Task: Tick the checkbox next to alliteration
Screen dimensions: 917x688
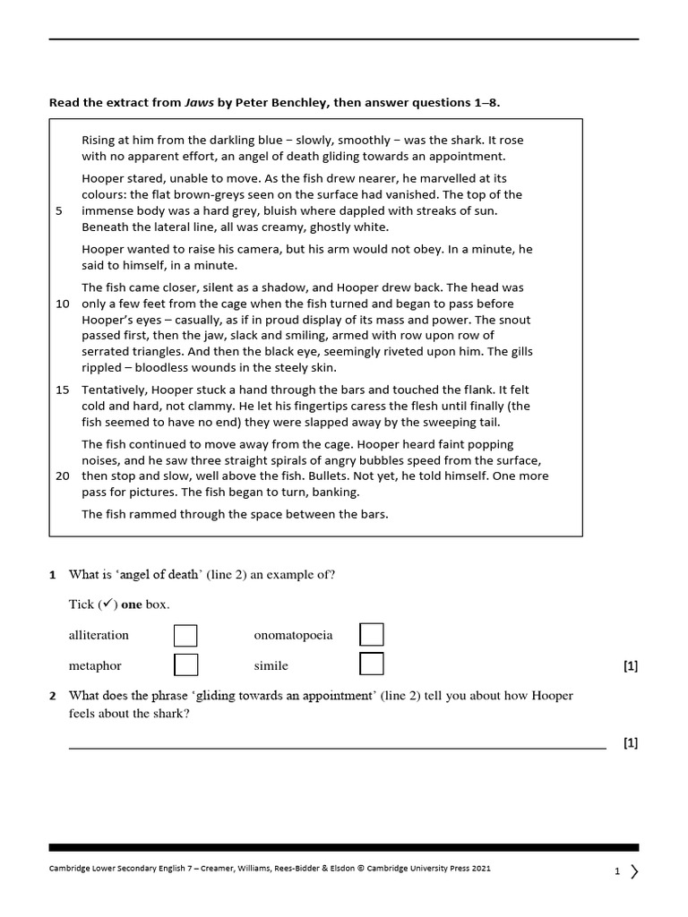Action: coord(185,636)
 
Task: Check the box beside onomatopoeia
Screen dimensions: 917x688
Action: coord(372,635)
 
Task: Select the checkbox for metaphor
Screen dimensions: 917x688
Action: coord(185,665)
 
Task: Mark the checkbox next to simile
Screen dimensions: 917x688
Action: coord(372,664)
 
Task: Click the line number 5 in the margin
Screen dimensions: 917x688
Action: coord(59,211)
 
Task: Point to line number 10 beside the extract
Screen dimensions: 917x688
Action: coord(63,304)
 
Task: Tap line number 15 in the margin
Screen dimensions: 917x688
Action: coord(63,390)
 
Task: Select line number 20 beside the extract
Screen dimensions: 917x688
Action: coord(63,476)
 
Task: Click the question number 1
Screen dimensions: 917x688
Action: coord(53,575)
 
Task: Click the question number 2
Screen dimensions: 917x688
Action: coord(53,696)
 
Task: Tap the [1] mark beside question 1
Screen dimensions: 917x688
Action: coord(630,666)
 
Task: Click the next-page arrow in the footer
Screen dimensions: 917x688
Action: coord(634,871)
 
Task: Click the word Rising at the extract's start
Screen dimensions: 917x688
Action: coord(99,141)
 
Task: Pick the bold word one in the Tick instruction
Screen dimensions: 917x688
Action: coord(132,604)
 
